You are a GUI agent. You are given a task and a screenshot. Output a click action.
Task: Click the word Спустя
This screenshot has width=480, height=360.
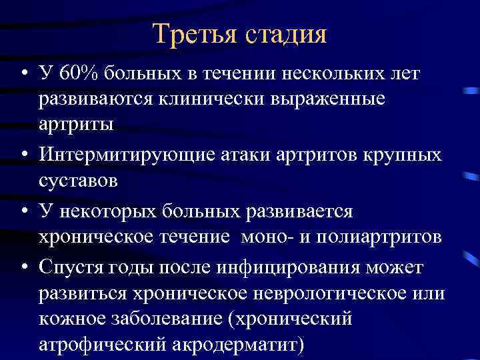pyautogui.click(x=67, y=267)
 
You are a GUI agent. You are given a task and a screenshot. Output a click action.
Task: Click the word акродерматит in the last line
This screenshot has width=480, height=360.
pyautogui.click(x=245, y=346)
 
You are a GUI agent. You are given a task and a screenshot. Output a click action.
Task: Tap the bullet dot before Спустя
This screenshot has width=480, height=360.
pyautogui.click(x=23, y=268)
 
